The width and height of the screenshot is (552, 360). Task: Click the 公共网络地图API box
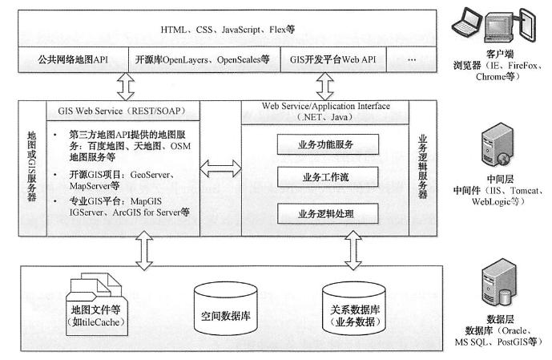coord(73,59)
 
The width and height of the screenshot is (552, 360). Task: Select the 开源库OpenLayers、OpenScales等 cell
coord(204,59)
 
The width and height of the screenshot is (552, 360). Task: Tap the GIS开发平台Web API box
coord(333,59)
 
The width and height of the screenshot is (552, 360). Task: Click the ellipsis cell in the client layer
coord(412,59)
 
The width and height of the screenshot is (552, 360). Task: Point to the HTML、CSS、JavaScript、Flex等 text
coord(228,30)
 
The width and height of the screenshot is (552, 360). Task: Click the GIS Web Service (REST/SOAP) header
coord(123,111)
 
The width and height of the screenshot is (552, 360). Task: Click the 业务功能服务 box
coord(328,144)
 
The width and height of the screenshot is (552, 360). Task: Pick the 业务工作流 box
coord(328,177)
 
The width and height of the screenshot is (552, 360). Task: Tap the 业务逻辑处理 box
coord(328,213)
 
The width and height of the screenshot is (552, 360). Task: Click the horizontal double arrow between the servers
coord(221,168)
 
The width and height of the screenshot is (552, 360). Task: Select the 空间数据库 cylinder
coord(226,308)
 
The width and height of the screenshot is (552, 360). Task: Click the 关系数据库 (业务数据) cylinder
coord(354,307)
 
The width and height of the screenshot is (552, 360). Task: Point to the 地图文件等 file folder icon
coord(96,304)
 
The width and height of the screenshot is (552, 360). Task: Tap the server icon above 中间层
coord(498,144)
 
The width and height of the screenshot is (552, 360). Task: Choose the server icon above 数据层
coord(499,281)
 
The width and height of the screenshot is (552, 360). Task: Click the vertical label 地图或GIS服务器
coord(32,166)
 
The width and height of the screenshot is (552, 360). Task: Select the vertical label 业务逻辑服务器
coord(422,167)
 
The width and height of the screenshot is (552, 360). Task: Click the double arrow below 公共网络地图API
coord(126,87)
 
